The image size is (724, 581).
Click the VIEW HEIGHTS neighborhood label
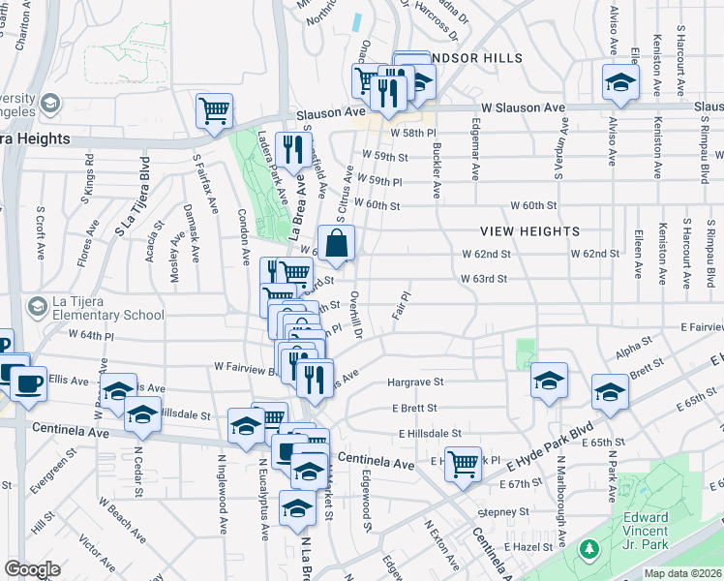click(530, 231)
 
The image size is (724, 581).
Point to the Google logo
click(32, 569)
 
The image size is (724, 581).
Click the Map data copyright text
click(683, 573)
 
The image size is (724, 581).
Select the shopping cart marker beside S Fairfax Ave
click(214, 109)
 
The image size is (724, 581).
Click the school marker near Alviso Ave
click(620, 81)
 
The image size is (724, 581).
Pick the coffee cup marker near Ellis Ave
click(26, 381)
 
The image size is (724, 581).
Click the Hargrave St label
click(415, 382)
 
